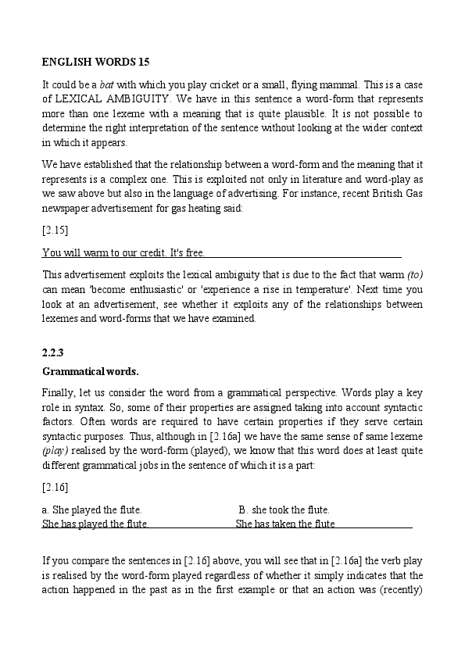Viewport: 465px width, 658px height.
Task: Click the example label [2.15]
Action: point(55,231)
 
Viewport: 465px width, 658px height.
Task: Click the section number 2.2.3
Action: point(54,352)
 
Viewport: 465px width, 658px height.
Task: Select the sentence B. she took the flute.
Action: point(284,510)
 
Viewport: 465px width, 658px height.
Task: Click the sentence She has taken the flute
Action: point(285,524)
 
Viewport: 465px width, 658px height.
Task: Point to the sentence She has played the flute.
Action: point(95,524)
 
